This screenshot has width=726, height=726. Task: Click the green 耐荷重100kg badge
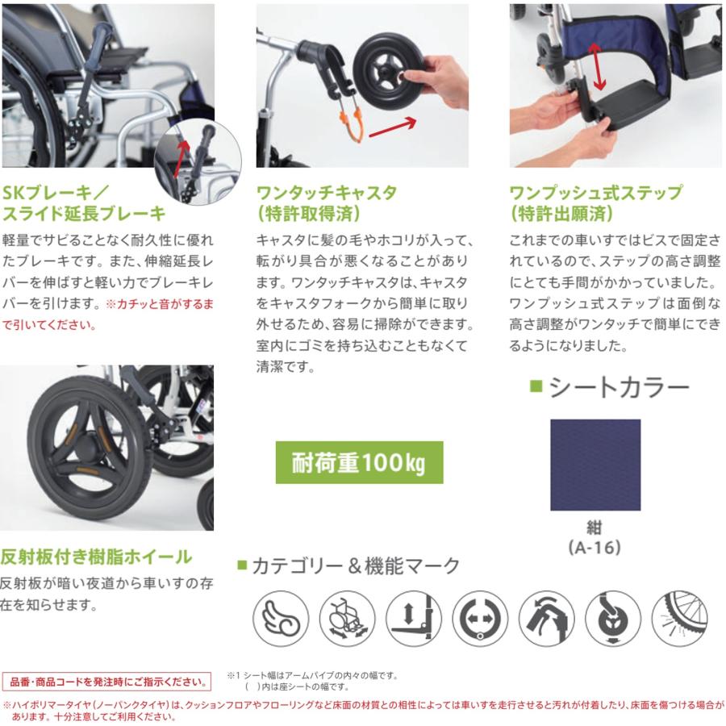359,462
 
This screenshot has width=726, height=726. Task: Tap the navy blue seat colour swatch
595,465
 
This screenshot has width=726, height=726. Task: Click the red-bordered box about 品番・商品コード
106,680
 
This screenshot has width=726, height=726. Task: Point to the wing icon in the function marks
281,618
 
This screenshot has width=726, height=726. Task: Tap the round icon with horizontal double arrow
480,618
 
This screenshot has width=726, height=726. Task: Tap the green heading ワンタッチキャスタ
326,194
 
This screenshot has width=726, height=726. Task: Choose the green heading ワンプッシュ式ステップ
596,194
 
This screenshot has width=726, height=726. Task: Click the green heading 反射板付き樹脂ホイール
95,556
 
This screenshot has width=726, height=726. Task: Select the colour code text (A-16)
595,548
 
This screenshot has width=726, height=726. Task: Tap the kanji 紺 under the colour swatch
595,530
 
